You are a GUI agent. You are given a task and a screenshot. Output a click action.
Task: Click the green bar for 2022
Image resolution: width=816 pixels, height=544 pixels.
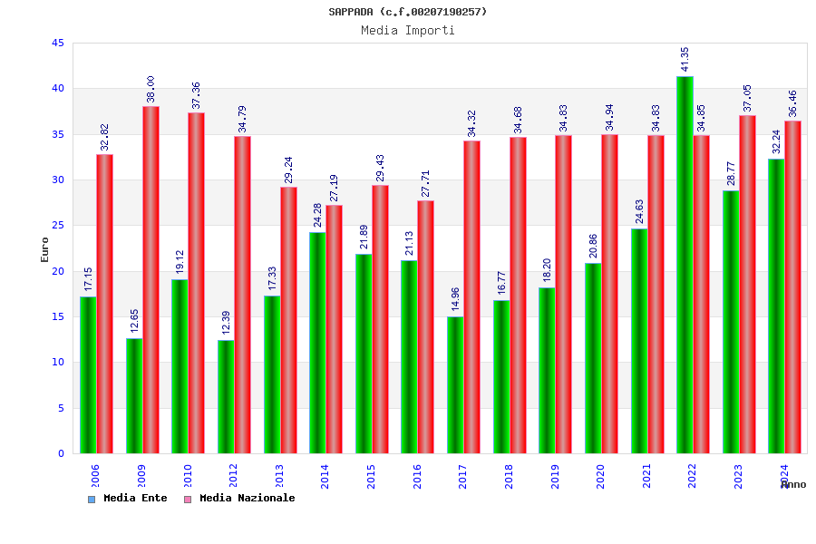coord(685,265)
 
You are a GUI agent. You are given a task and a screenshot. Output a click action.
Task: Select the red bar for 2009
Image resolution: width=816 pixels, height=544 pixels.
coord(151,279)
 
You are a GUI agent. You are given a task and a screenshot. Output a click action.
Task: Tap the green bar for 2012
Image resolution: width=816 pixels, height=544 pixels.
coord(226,396)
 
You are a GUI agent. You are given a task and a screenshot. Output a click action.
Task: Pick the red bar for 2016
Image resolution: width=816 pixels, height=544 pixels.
coord(425,326)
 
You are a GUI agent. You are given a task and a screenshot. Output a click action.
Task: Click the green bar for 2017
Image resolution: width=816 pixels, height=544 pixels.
coord(455,384)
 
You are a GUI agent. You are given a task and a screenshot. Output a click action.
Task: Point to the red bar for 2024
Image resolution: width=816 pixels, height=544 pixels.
coord(792,287)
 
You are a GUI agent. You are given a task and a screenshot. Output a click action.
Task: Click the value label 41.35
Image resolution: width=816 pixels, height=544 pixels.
coord(685,59)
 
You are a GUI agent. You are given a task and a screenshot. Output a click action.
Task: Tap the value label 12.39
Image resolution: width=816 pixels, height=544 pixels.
coord(226,323)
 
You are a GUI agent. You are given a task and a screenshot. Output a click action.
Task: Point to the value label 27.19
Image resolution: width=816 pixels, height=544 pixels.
coord(334,188)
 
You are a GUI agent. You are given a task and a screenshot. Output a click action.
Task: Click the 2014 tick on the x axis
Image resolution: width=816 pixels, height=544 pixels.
coord(325,476)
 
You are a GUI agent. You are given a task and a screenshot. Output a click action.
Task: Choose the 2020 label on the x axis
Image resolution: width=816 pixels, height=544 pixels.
coord(600,476)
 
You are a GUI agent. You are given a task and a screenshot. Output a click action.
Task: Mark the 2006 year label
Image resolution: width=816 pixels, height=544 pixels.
coord(95,476)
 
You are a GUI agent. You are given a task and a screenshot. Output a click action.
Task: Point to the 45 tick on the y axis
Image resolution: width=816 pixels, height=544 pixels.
coord(57,44)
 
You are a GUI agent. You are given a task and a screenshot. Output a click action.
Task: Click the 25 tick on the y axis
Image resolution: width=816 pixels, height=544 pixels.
coord(57,226)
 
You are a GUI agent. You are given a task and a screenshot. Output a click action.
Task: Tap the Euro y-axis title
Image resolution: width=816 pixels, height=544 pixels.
coord(45,249)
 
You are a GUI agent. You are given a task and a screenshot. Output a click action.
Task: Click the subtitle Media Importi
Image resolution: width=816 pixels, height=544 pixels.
coord(408,30)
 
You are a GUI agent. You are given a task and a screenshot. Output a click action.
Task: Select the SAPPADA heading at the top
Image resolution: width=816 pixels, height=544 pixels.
coord(408,12)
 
